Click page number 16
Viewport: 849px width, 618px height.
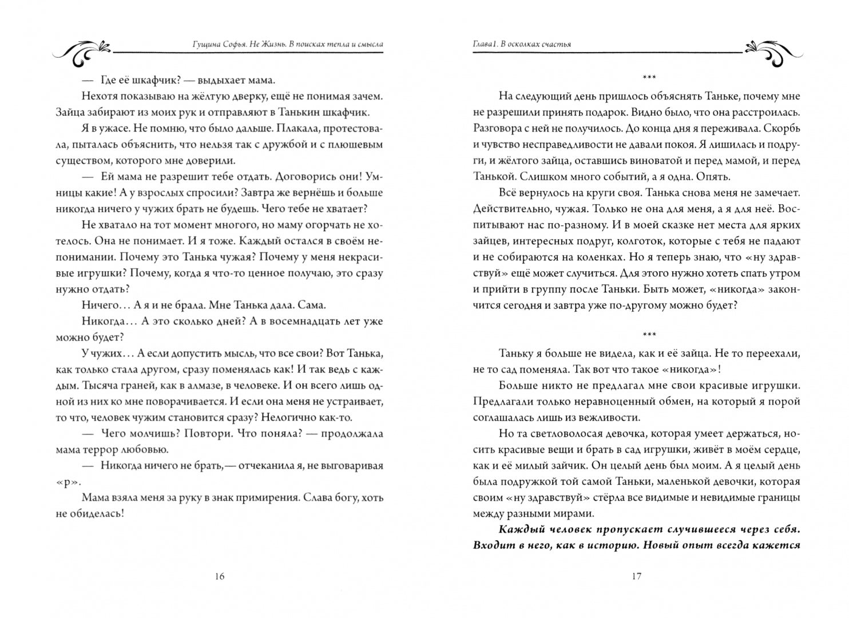(x=220, y=576)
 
